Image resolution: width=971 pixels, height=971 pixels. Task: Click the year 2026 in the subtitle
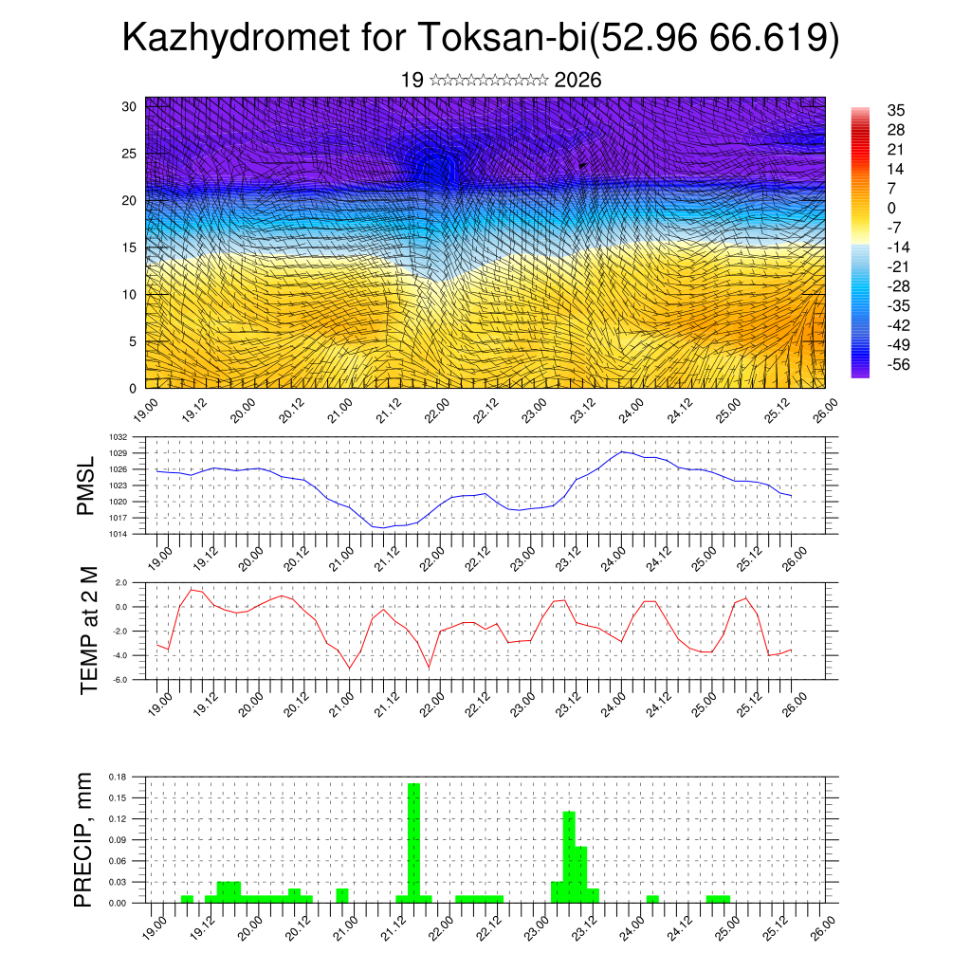(x=577, y=81)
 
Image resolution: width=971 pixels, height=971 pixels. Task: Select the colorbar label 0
(x=890, y=208)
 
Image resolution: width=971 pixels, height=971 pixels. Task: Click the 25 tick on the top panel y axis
(x=129, y=153)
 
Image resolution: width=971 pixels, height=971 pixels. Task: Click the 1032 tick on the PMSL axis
(x=119, y=437)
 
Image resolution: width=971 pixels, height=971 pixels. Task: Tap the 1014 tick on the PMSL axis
(x=119, y=534)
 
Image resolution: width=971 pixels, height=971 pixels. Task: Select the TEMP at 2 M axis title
(x=89, y=630)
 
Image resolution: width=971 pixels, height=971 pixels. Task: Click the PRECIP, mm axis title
(x=85, y=839)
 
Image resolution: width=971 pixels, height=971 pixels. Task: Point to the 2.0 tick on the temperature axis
(x=120, y=582)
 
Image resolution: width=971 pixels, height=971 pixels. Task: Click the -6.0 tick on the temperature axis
(x=120, y=680)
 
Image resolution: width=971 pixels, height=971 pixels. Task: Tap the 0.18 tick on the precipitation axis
(x=118, y=777)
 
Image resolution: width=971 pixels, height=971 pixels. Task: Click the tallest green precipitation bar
(x=413, y=842)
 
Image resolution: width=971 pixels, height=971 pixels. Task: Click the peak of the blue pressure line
(x=622, y=451)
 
